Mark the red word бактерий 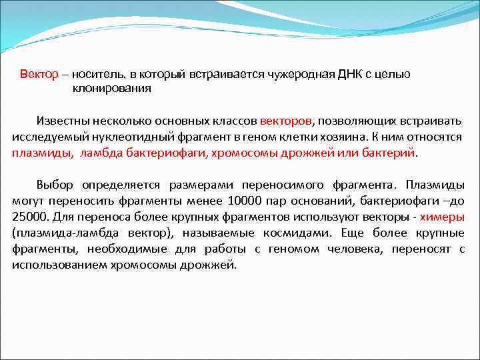[393, 152]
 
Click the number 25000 [29, 216]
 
